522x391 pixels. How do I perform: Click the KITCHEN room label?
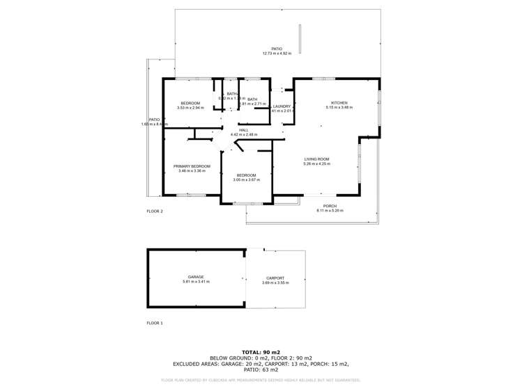[339, 103]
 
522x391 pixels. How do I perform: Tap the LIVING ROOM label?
[316, 159]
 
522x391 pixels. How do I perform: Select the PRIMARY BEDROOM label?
[192, 166]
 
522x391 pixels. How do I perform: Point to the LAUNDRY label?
[282, 106]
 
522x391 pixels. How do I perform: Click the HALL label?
[243, 130]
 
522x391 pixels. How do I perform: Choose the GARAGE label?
[196, 277]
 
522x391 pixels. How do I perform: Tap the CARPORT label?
[275, 278]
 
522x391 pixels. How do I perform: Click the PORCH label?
[330, 206]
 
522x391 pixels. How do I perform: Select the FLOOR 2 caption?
[154, 211]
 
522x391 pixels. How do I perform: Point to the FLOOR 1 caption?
[154, 323]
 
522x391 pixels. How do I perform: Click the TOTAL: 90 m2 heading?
[261, 353]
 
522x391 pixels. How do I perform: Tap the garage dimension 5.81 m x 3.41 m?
[196, 282]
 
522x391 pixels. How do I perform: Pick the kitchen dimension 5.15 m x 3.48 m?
[339, 107]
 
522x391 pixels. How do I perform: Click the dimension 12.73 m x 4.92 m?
[277, 54]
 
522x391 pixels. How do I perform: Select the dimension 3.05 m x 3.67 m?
[247, 179]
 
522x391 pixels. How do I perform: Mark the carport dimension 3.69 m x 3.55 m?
[275, 283]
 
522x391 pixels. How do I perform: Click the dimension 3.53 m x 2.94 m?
[190, 108]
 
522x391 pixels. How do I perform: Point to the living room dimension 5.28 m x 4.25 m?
[316, 164]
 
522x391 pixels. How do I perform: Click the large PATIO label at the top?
[277, 49]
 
